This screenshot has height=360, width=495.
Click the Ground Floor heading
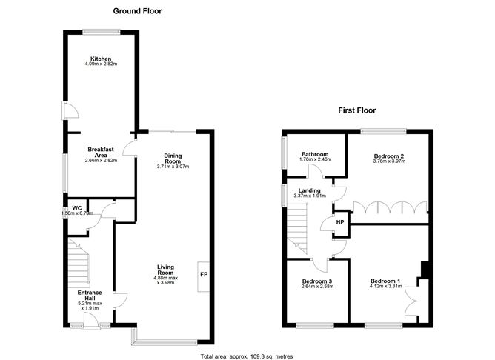coord(137,11)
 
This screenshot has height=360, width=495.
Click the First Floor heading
coord(356,110)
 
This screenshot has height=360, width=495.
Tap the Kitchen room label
coord(101,59)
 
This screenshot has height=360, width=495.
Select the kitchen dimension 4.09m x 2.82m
coord(101,64)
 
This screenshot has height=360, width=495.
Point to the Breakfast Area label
coord(101,152)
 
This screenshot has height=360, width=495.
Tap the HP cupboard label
coord(339,222)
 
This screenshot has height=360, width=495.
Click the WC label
coord(77,208)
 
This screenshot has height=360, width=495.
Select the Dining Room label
coord(173,159)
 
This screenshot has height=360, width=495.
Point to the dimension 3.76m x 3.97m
coord(389,161)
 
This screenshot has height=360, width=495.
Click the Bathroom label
coord(315,154)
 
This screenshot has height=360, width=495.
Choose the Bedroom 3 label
coord(317,281)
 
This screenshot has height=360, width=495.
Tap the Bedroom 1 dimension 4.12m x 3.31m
coord(386,287)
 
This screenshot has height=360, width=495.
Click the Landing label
coord(310,190)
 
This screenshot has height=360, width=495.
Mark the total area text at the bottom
coord(247,356)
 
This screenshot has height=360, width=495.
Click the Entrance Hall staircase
coord(79,263)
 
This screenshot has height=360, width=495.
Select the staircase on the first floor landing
coord(296,228)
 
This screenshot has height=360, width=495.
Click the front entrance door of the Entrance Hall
coord(92,321)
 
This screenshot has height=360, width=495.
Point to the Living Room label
coord(165,270)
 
